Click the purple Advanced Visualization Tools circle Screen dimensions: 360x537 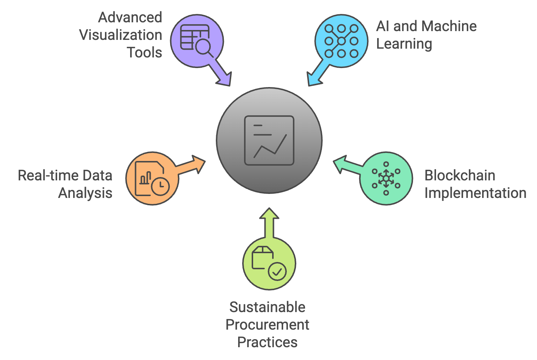[197, 41]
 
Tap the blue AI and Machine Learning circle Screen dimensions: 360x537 [341, 41]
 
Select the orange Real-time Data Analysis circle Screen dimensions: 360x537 [152, 179]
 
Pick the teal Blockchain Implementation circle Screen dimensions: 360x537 [386, 179]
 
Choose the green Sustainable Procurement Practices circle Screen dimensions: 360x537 [269, 263]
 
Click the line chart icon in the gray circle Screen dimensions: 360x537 [269, 140]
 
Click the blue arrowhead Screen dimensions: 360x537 [313, 79]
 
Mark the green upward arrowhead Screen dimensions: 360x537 [269, 214]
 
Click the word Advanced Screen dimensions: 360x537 [130, 18]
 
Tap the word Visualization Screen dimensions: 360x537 [121, 35]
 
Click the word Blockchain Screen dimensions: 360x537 [460, 176]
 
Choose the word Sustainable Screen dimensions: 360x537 [267, 307]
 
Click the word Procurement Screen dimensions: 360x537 [267, 325]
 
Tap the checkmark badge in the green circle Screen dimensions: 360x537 [277, 272]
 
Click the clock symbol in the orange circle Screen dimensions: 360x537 [160, 186]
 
